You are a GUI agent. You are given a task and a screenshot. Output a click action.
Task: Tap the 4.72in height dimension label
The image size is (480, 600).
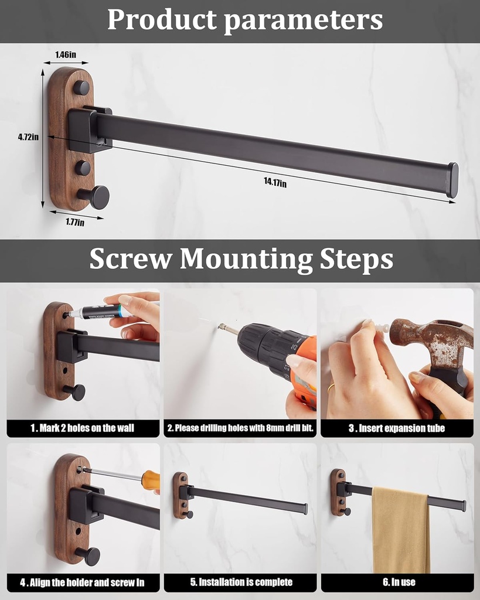click(x=28, y=137)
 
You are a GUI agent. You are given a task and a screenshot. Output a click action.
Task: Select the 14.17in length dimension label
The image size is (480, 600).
click(x=274, y=183)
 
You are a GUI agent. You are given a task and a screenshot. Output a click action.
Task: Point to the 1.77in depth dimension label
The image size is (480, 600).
click(x=74, y=221)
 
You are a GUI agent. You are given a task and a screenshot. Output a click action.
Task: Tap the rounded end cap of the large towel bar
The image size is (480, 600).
click(x=452, y=180)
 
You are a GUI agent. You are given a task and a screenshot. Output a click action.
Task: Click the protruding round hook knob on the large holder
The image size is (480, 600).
click(x=98, y=197)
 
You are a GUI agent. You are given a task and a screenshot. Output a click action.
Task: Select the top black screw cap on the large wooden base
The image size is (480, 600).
click(x=81, y=88)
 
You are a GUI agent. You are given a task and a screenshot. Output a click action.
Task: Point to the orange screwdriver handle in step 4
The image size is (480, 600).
click(x=151, y=480)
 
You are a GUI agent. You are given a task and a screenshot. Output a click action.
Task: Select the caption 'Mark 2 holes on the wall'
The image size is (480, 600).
click(x=83, y=428)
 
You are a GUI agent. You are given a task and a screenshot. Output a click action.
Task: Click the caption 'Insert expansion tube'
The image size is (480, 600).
click(x=397, y=428)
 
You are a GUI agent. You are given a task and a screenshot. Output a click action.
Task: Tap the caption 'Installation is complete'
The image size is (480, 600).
click(x=241, y=582)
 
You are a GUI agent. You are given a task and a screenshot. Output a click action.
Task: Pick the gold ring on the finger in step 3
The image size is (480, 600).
click(x=331, y=387)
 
